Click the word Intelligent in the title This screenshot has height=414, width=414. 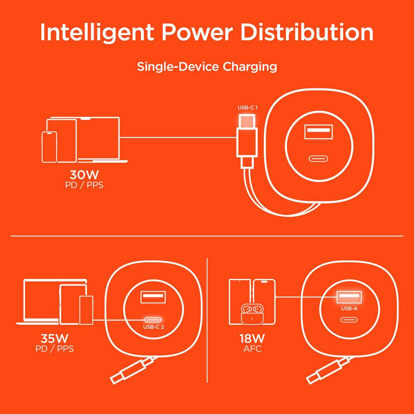[x=97, y=33]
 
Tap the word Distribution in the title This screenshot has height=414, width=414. [x=306, y=32]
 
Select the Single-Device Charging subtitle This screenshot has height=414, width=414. [x=207, y=67]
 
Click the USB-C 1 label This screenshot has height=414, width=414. [x=248, y=108]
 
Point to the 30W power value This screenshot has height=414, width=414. [x=84, y=175]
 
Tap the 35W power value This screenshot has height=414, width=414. [x=55, y=338]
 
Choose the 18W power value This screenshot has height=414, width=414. [x=252, y=338]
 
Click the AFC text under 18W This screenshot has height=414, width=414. [x=253, y=349]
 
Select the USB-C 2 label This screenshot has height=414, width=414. [x=154, y=327]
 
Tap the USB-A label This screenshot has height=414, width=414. [x=349, y=308]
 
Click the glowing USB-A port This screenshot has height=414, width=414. [x=349, y=297]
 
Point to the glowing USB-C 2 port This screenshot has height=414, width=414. [x=153, y=320]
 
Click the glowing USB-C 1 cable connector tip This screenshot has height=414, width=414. [x=247, y=121]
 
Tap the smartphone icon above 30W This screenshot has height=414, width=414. [x=49, y=147]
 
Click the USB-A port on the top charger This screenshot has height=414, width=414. [x=318, y=132]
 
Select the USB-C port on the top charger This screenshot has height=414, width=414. [x=318, y=159]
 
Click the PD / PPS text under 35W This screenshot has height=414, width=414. [x=55, y=349]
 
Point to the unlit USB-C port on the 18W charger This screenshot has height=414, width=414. [x=349, y=320]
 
